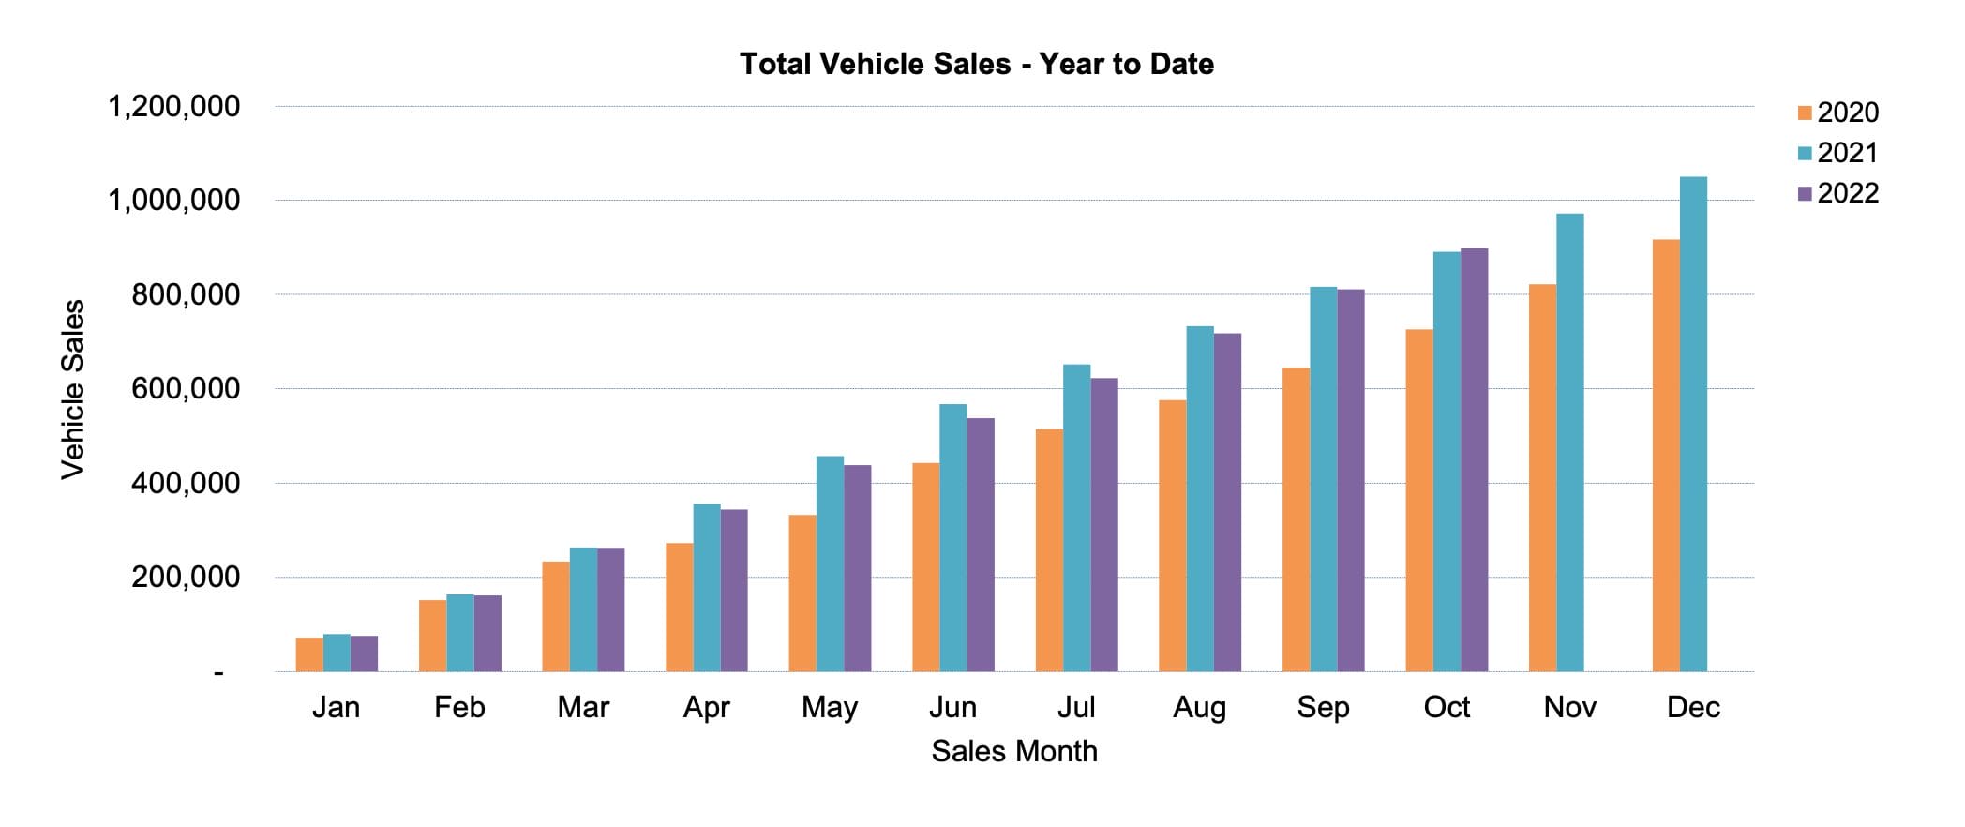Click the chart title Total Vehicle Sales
[x=976, y=64]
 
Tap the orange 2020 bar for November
[x=1542, y=478]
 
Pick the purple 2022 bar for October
[x=1474, y=459]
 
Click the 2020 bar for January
[x=309, y=654]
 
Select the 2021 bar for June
[x=953, y=538]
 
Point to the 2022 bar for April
[x=734, y=591]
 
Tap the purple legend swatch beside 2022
[x=1805, y=193]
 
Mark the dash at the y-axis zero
[x=218, y=672]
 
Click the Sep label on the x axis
[x=1323, y=707]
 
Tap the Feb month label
[x=459, y=707]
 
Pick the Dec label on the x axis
[x=1693, y=707]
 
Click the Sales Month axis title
[x=1013, y=751]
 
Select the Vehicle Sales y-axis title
[x=73, y=389]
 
